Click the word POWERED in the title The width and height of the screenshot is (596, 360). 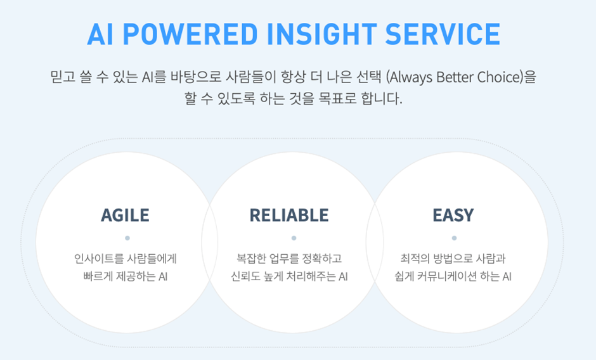point(190,34)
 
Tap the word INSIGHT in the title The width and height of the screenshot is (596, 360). point(322,34)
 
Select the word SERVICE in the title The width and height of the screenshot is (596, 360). point(443,34)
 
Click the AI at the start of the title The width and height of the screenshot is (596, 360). point(100,34)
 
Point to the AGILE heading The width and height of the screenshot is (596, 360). point(125,215)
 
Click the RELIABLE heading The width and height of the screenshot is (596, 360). point(289,215)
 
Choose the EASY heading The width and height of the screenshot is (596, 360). point(453,215)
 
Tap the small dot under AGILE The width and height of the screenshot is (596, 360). point(127,238)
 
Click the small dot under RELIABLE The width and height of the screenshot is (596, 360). point(294,238)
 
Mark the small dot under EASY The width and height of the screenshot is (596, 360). point(454,238)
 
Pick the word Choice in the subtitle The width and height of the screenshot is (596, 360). point(500,77)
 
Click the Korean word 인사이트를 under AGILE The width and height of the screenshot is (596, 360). point(99,259)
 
